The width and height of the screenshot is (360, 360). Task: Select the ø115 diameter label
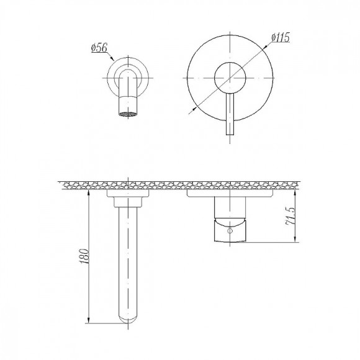coord(280,37)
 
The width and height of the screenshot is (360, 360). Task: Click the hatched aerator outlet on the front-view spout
coord(128,114)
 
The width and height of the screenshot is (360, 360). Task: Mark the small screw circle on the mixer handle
coord(231,230)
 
